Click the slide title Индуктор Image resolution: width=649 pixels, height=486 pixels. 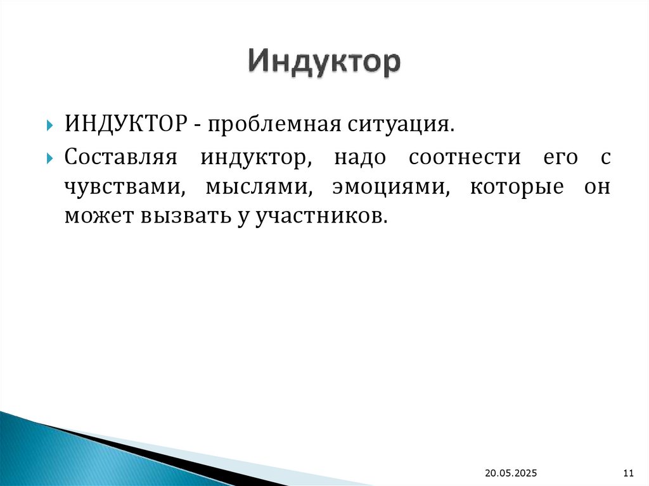pyautogui.click(x=324, y=62)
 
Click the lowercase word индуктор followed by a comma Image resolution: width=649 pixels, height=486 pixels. pyautogui.click(x=255, y=158)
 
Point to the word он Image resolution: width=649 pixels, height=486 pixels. pyautogui.click(x=598, y=188)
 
